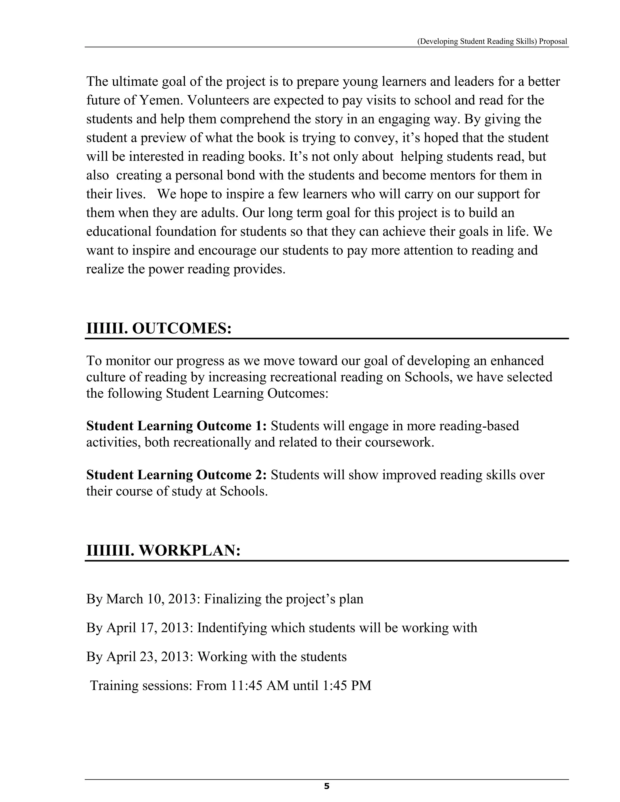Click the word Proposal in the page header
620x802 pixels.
(553, 41)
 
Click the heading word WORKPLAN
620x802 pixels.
(190, 550)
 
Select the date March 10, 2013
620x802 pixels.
(150, 599)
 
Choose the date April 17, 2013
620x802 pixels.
(148, 628)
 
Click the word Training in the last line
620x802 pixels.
(114, 685)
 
